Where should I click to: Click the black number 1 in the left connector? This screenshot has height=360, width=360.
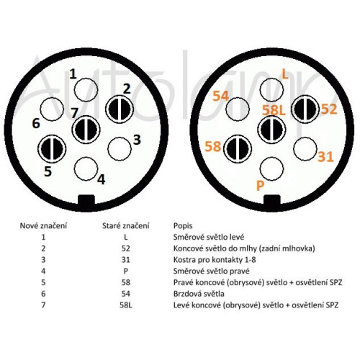[x=73, y=74]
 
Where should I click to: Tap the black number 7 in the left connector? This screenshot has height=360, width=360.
[x=74, y=113]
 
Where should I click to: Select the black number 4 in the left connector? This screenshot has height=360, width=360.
[x=102, y=179]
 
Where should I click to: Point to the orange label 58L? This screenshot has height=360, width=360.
[x=274, y=110]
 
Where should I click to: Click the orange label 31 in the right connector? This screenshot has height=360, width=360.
[x=326, y=157]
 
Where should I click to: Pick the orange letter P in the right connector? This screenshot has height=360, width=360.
[x=260, y=185]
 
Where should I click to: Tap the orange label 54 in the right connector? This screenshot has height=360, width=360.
[x=221, y=96]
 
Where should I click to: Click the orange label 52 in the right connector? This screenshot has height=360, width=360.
[x=329, y=109]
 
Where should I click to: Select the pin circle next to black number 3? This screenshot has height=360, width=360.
[x=120, y=149]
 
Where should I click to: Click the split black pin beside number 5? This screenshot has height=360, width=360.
[x=52, y=149]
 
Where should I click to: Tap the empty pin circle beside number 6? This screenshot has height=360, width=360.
[x=52, y=109]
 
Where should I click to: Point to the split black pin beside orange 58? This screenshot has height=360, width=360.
[x=238, y=149]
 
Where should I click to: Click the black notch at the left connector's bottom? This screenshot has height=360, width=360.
[x=86, y=200]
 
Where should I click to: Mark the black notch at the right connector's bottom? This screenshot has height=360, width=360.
[x=272, y=200]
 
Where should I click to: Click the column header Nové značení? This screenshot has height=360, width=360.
[x=43, y=226]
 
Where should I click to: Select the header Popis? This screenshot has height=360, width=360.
[x=183, y=226]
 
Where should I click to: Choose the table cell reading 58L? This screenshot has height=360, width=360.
[x=126, y=305]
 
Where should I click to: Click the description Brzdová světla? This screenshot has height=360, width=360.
[x=199, y=294]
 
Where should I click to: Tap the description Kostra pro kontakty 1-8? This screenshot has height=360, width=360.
[x=215, y=260]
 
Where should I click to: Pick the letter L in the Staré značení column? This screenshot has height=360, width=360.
[x=126, y=238]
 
